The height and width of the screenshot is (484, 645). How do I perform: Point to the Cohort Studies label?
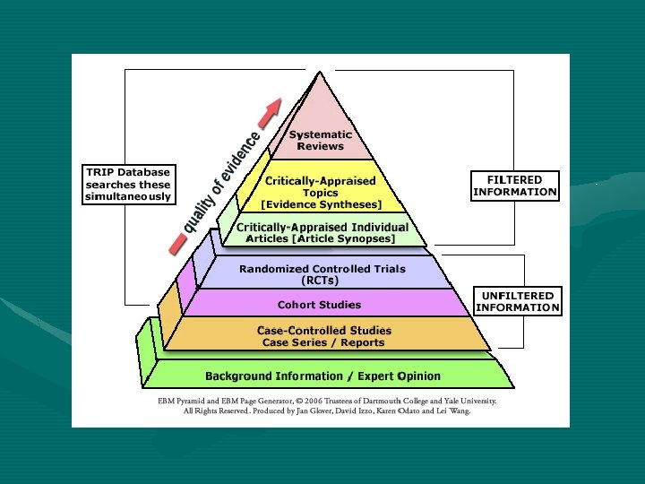319,305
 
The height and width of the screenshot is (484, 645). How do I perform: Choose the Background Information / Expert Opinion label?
323,376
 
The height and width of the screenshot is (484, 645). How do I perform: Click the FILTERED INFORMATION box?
515,186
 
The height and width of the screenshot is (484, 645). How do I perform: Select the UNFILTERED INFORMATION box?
518,301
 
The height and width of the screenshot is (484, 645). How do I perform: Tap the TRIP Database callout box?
128,184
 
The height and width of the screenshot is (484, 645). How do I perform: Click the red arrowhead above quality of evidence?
271,111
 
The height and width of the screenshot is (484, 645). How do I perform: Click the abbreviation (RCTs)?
322,280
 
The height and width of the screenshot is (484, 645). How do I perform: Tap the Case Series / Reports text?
323,342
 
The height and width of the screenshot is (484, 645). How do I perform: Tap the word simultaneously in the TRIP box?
128,196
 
